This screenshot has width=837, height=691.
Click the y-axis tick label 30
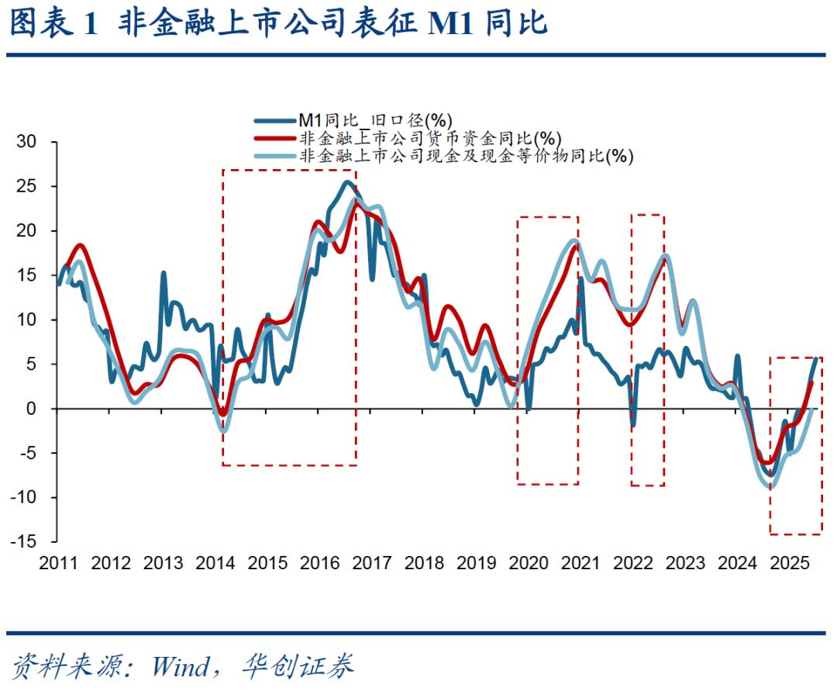click(x=29, y=142)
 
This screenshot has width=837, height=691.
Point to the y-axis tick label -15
click(x=25, y=541)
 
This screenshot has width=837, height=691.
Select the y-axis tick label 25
click(x=29, y=187)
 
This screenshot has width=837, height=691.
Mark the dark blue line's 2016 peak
click(x=347, y=182)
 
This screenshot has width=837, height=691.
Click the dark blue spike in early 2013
click(x=164, y=273)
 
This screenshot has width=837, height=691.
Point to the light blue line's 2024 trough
click(x=770, y=486)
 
